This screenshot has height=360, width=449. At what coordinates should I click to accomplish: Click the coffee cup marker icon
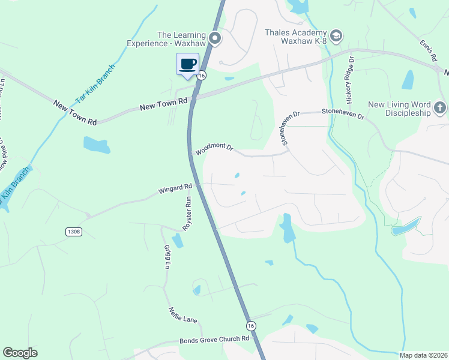(x=188, y=64)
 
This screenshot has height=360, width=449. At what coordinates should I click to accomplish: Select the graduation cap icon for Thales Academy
(x=336, y=37)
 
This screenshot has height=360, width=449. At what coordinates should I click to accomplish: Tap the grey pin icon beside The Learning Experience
(x=215, y=40)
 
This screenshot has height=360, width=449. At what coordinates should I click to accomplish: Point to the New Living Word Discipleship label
(x=399, y=109)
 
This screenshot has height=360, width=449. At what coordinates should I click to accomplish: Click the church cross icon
(x=440, y=108)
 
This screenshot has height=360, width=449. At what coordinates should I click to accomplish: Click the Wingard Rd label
(x=175, y=189)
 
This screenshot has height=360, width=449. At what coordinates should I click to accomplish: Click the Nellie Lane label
(x=182, y=316)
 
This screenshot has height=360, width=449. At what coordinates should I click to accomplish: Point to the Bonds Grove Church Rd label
(x=214, y=340)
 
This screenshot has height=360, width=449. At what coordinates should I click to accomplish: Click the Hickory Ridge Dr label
(x=348, y=78)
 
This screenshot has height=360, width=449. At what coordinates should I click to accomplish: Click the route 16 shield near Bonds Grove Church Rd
(x=250, y=325)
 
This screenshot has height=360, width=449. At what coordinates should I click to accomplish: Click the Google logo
(x=20, y=353)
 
